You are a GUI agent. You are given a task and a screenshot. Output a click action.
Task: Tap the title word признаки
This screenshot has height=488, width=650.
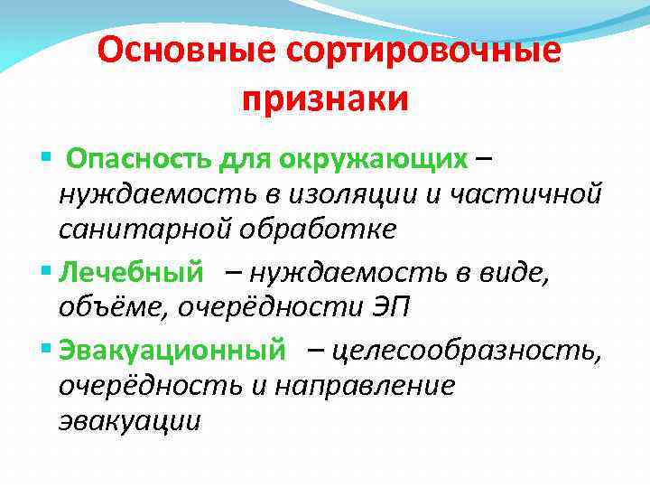(x=325, y=99)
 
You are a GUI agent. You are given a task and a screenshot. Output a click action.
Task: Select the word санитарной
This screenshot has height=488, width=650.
(x=144, y=229)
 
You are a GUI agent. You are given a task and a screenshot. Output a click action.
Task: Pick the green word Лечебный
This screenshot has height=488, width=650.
(x=131, y=270)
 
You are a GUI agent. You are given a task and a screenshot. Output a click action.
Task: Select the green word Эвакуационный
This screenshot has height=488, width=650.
(x=172, y=348)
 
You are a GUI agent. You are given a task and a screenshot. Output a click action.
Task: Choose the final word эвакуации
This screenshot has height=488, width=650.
(x=128, y=421)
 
